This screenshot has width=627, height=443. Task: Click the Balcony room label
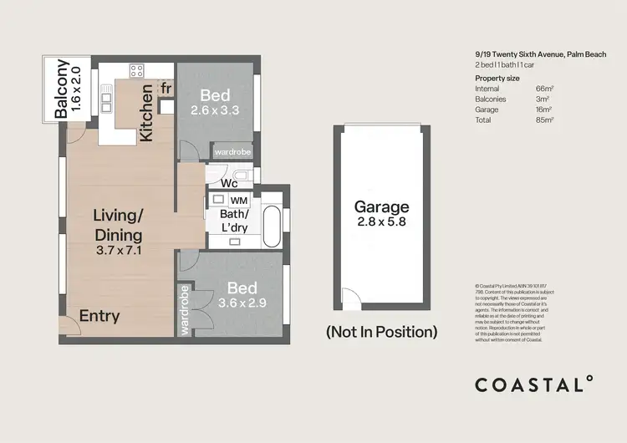61,90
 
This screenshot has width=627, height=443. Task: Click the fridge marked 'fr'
166,88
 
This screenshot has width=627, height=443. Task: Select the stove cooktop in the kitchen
136,70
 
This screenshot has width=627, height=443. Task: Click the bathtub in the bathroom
273,223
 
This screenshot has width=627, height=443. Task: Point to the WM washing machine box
238,201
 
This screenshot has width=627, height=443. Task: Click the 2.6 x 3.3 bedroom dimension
215,109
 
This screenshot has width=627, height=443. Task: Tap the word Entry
99,316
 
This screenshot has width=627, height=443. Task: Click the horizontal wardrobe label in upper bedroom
232,153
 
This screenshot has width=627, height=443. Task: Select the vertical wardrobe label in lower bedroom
184,309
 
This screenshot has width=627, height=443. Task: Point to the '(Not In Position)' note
381,332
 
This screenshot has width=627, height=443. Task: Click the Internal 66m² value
544,88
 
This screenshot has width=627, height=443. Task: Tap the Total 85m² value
544,120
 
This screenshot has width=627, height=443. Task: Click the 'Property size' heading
497,78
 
